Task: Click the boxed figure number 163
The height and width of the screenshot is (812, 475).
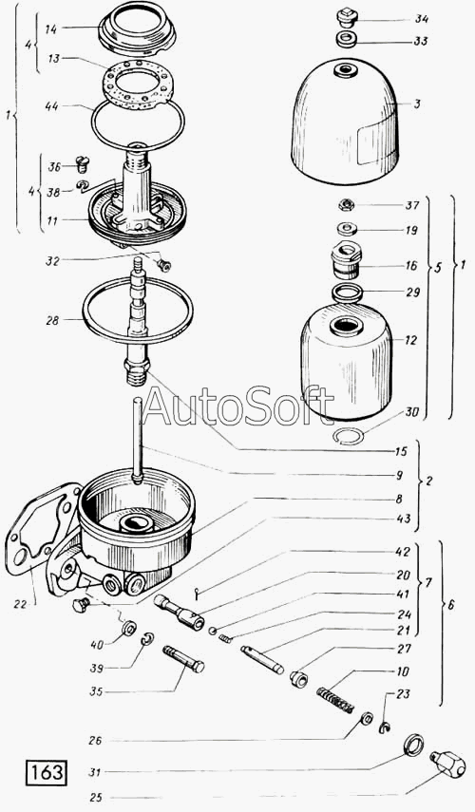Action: (46, 772)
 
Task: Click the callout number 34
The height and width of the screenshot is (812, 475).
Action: (421, 19)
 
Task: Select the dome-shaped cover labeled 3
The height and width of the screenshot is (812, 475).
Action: (345, 122)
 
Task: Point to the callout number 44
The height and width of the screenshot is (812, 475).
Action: (51, 106)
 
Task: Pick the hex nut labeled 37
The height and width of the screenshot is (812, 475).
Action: (346, 205)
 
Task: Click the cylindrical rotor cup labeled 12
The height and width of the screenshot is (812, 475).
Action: (346, 362)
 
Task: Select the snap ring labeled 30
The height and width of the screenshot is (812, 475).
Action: (348, 438)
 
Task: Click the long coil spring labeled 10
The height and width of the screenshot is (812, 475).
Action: (335, 699)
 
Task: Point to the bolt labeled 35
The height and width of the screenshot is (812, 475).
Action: (184, 658)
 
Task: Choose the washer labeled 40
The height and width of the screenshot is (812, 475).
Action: (128, 629)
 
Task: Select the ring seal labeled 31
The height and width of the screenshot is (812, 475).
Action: (413, 746)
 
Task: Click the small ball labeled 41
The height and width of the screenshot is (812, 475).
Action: (212, 631)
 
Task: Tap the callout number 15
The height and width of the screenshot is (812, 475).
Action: (402, 451)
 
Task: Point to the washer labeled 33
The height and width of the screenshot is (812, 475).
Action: (346, 39)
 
